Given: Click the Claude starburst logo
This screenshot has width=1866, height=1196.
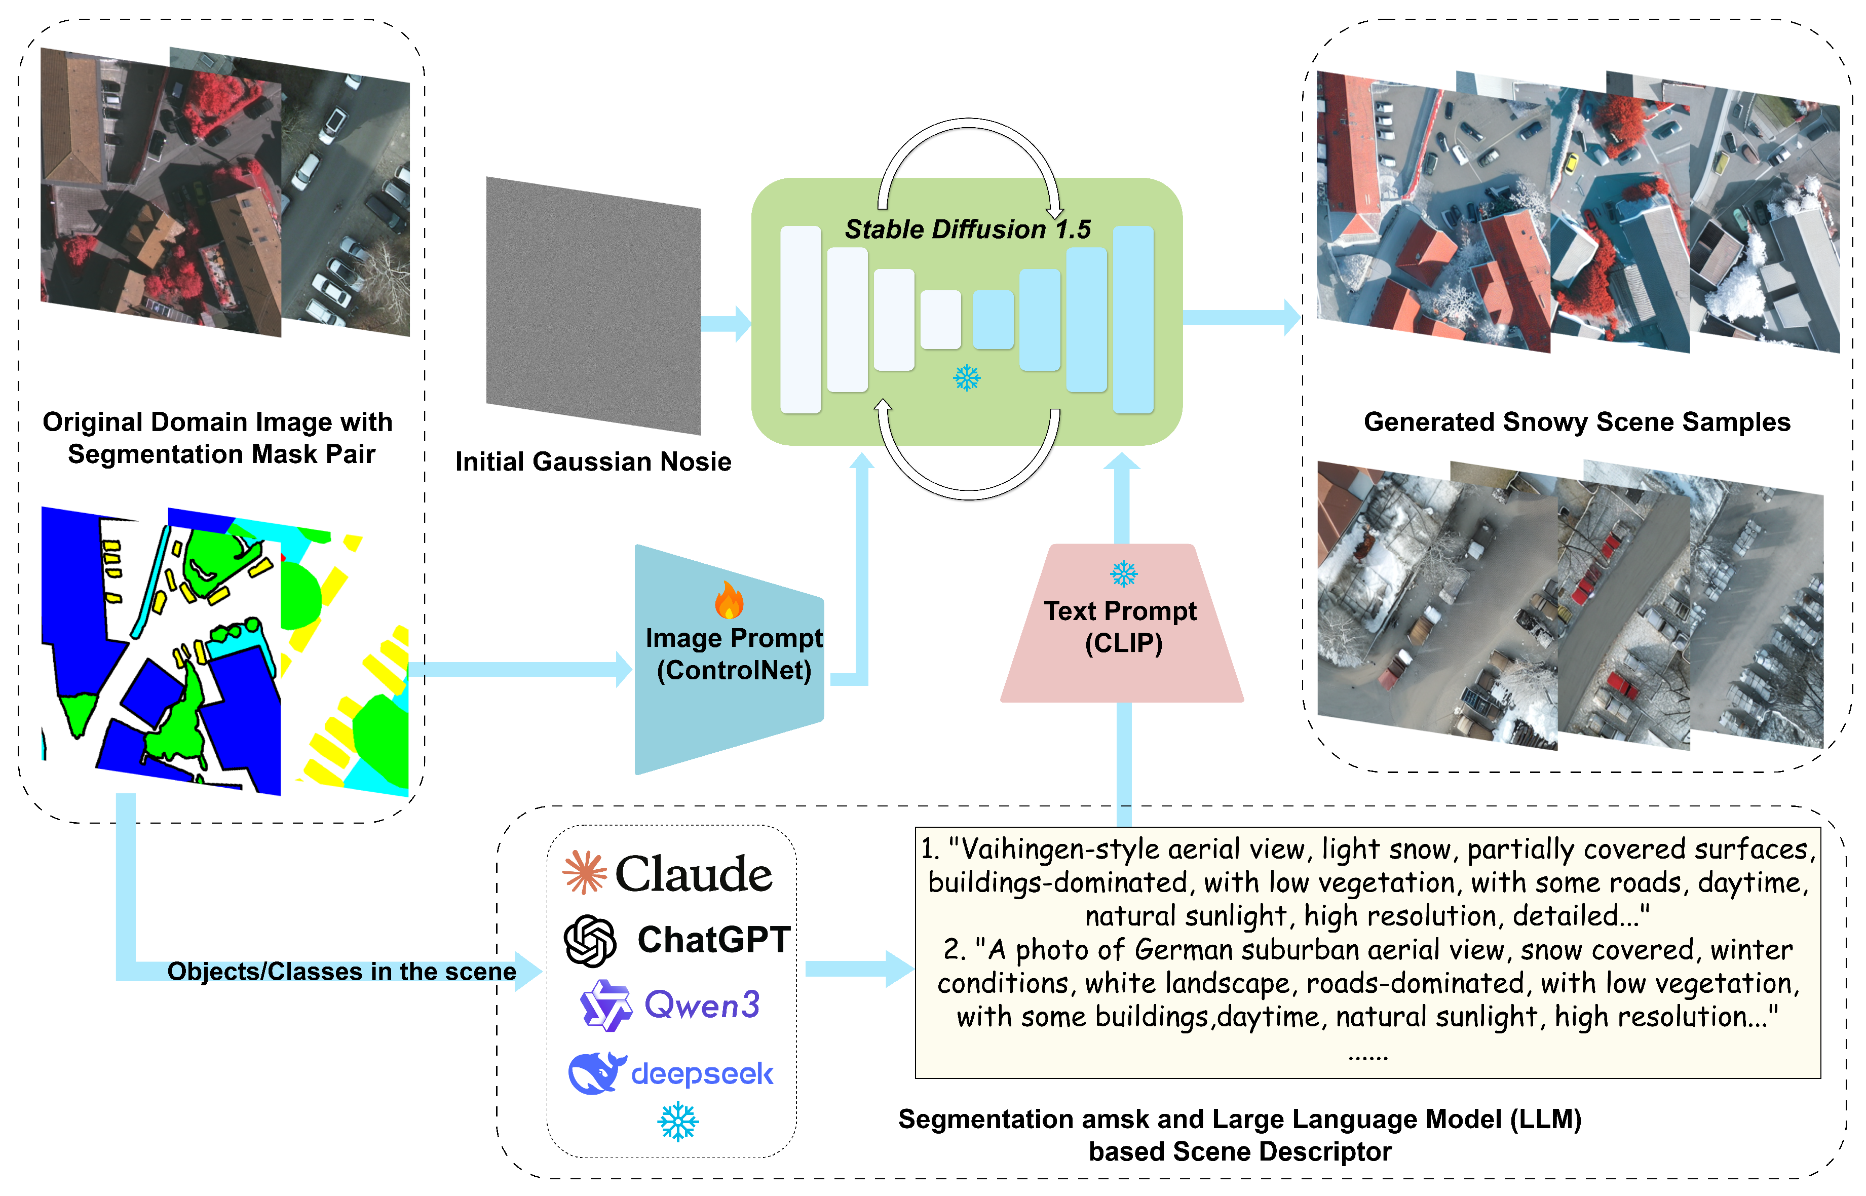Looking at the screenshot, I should coord(584,872).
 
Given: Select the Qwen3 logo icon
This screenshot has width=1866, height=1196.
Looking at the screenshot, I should coord(605,1005).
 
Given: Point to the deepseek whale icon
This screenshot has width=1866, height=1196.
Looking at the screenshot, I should coord(596,1073).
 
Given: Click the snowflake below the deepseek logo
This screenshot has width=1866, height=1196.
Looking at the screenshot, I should coord(677,1122).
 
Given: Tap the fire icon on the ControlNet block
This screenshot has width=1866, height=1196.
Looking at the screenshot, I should coord(729,600).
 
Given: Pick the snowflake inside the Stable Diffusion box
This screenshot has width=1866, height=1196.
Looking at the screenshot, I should coord(967,378).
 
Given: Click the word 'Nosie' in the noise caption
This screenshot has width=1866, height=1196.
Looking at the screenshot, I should coord(697,461).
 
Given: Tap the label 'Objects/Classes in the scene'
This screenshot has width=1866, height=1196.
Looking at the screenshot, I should coord(341,972).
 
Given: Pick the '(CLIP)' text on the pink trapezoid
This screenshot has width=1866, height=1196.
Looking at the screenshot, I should coord(1123,644).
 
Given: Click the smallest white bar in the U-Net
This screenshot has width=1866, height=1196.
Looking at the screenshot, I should coord(940,319).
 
